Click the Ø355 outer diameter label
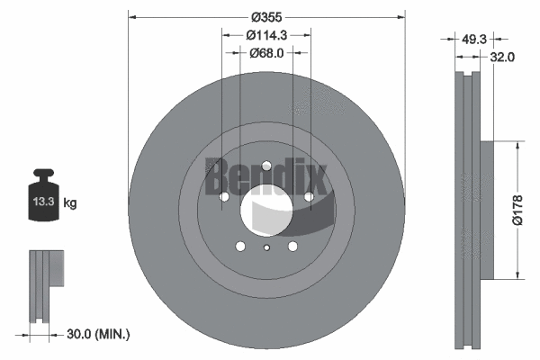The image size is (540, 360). point(267,17)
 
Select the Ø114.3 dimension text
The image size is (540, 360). point(267,35)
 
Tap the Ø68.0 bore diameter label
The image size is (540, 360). point(267,54)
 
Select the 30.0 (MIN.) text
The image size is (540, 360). point(99,334)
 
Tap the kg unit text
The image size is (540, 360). point(70,203)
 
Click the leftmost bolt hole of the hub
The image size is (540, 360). point(224,196)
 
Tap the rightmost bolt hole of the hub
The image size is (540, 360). point(309,196)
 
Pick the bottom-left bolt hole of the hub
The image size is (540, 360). point(240,246)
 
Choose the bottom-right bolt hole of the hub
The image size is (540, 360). point(292,246)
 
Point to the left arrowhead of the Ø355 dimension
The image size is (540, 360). point(133,17)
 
